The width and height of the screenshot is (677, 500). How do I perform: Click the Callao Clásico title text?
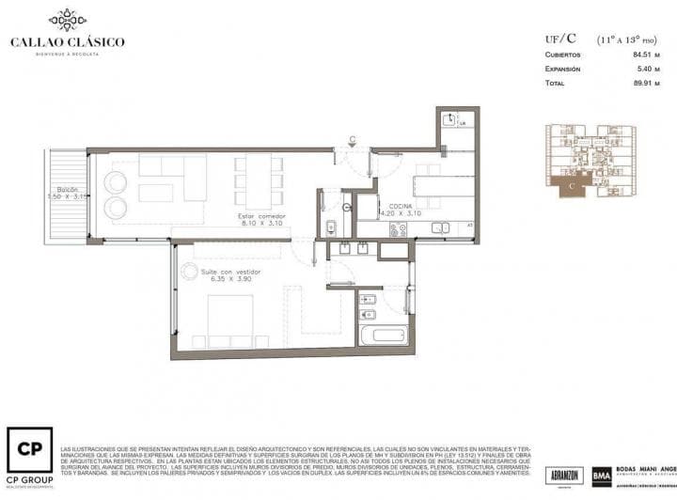[67, 41]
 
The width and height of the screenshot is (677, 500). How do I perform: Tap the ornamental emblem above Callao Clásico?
[67, 19]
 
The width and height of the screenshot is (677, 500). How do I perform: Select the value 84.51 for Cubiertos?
[645, 55]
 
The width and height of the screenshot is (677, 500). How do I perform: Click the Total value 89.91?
[645, 83]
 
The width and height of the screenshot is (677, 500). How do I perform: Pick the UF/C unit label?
[560, 39]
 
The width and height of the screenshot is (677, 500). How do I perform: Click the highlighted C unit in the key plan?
[573, 186]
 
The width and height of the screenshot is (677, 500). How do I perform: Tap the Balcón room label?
[67, 189]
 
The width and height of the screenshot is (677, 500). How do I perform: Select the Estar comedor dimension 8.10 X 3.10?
[262, 224]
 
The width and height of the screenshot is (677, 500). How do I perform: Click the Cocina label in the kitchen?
[401, 205]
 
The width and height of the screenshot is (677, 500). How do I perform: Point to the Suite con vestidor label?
[230, 272]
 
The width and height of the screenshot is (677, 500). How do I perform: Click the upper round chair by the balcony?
[116, 181]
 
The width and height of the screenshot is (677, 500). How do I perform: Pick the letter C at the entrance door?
[352, 140]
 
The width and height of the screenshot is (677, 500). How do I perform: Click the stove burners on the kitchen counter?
[398, 228]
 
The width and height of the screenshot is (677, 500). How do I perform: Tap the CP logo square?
[29, 452]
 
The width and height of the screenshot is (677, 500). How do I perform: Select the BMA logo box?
[601, 476]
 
